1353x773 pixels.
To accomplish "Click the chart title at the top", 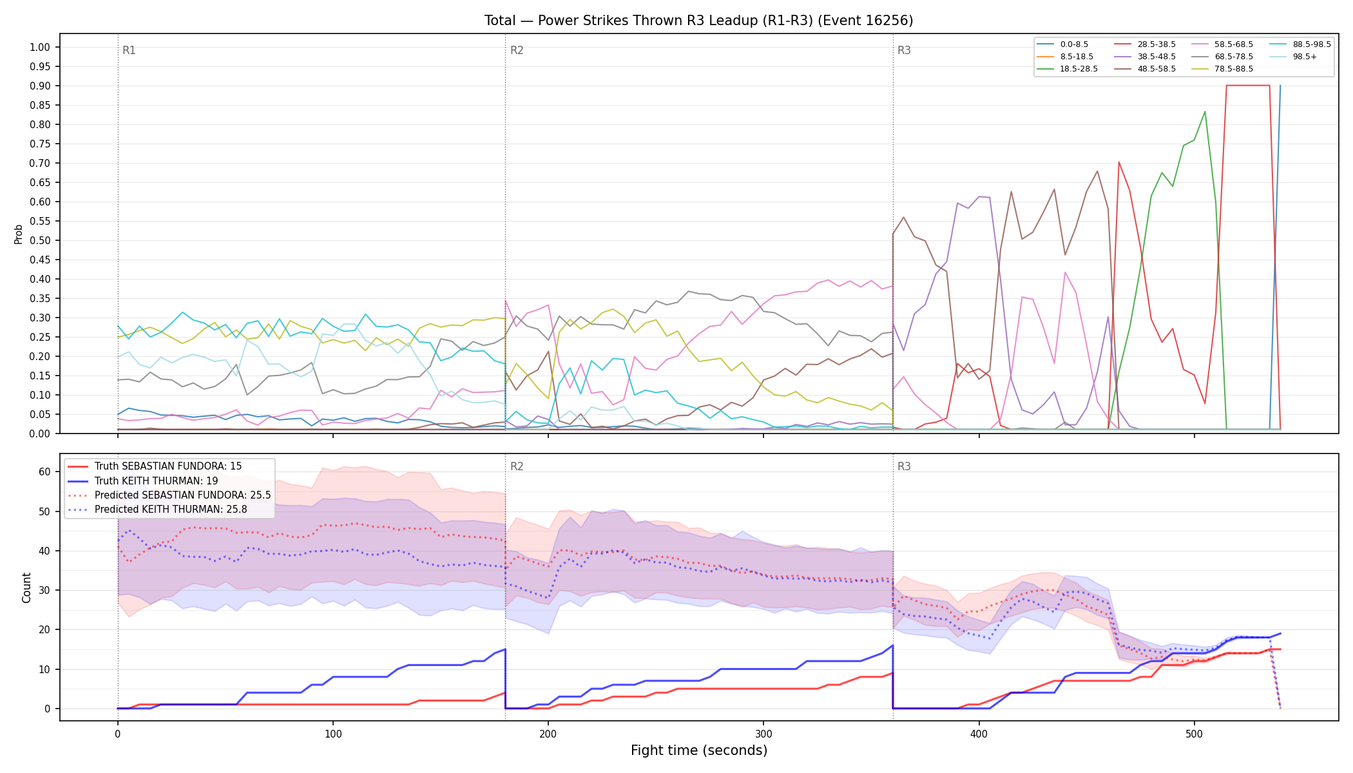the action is click(x=698, y=21).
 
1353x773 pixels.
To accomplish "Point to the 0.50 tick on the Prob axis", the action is click(x=40, y=240).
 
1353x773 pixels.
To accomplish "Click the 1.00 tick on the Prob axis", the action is click(x=40, y=47).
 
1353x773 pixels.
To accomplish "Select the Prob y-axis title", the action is click(x=18, y=234).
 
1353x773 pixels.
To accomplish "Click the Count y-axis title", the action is click(x=26, y=587).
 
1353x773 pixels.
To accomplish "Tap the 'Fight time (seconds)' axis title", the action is click(x=699, y=750).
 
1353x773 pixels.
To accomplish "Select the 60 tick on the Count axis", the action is click(x=44, y=472).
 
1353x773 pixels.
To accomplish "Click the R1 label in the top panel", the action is click(x=129, y=50).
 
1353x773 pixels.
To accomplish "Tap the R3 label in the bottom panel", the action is click(x=904, y=466).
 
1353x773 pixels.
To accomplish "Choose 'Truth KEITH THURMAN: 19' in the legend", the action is click(x=157, y=481).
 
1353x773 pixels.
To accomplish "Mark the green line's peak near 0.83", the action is click(x=1205, y=111).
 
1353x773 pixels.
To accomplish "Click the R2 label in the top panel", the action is click(x=517, y=50).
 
